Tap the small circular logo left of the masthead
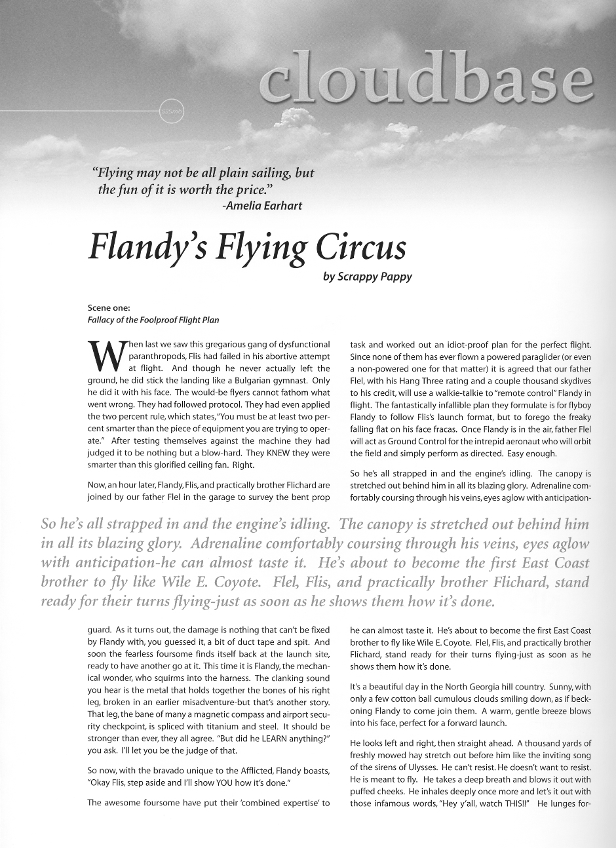tap(173, 111)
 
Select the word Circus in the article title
tap(361, 246)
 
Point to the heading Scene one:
tap(107, 307)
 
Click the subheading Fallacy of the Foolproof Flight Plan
tap(153, 320)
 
